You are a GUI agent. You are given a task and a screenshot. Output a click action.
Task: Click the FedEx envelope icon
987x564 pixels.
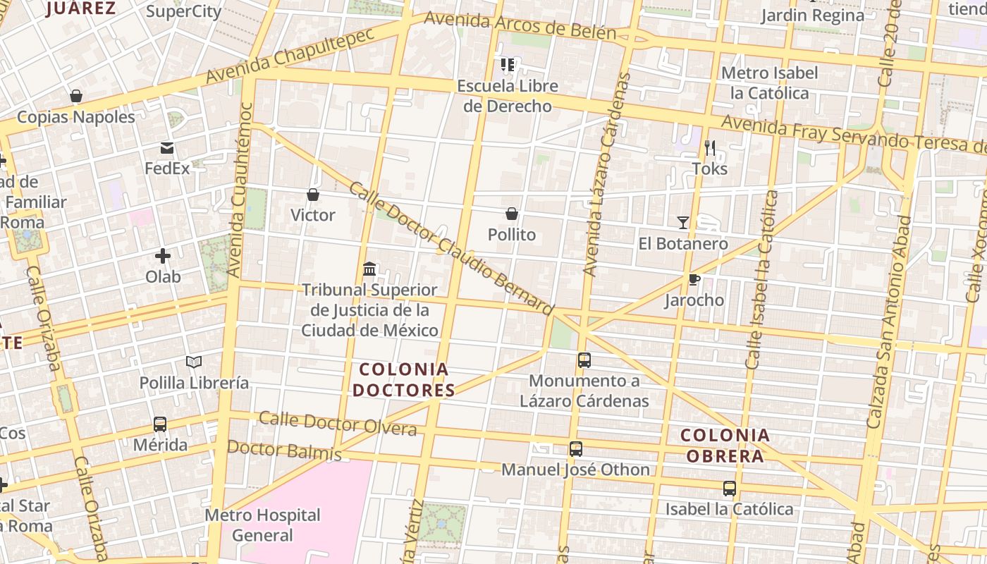coord(167,148)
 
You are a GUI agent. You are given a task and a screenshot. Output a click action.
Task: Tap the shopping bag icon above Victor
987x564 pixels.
coord(313,195)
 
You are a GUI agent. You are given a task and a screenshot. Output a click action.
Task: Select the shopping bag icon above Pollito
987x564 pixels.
coord(512,214)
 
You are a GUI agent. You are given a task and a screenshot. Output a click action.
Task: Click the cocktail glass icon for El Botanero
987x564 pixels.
coord(683,223)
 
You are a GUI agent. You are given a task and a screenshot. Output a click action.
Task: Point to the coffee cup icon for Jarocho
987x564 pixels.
coord(694,279)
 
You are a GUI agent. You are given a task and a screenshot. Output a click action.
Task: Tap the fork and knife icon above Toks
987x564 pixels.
coord(710,148)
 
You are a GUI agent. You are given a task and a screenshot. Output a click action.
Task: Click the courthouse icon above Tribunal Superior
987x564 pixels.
coord(369,269)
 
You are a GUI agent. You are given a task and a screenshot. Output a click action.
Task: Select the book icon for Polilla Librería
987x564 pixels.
coord(194,362)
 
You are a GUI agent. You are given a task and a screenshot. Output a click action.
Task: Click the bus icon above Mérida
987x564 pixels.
coord(160,424)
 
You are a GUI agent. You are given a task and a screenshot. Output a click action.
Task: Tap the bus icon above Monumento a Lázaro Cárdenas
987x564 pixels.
coord(584,360)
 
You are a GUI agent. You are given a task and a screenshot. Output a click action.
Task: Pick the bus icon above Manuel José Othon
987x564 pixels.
coord(576,449)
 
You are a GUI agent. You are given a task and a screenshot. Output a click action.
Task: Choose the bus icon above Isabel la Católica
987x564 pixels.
coord(730,488)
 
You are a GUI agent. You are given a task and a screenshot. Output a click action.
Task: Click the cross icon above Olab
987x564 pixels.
coord(163,256)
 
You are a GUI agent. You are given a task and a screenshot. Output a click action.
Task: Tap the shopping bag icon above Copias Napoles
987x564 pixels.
coord(76,96)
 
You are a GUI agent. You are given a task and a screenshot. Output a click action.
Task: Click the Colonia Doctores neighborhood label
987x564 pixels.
coord(404,379)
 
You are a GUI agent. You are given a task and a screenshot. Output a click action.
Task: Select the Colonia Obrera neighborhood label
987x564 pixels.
coord(725,445)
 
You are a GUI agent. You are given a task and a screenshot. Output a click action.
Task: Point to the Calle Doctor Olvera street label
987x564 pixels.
coord(338,423)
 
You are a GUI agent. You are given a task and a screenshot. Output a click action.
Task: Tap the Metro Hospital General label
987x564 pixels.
coord(262,525)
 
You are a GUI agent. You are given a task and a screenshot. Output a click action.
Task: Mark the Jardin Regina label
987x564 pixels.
coord(813,16)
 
